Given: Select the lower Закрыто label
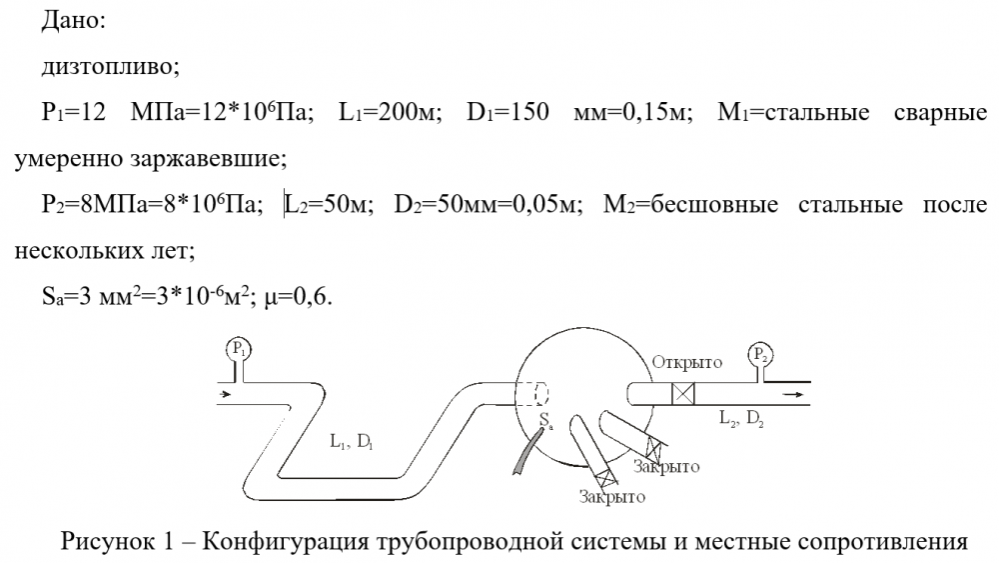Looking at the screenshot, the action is tap(611, 496).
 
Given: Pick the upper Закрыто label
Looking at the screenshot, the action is tap(665, 467).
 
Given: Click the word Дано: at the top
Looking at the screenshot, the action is tap(68, 22).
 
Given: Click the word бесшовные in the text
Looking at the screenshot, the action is tap(699, 205).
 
